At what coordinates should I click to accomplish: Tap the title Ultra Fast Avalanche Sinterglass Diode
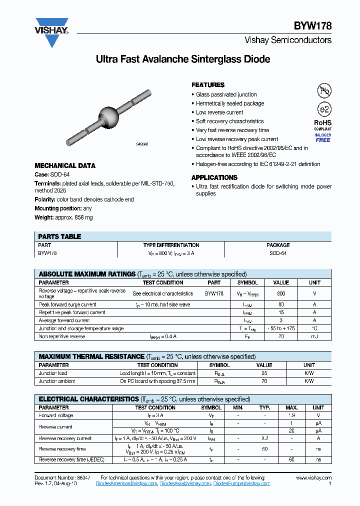(183, 59)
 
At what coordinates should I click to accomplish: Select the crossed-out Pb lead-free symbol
(324, 90)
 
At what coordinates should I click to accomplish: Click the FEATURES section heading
(208, 85)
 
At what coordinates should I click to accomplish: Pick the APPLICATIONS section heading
(214, 177)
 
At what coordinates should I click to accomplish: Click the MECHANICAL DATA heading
(65, 165)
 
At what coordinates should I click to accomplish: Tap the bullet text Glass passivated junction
(226, 94)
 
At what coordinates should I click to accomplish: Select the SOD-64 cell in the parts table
(278, 253)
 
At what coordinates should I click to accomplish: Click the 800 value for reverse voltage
(281, 293)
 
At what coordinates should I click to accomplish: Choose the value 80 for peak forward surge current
(281, 304)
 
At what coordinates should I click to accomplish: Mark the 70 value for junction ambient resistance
(264, 381)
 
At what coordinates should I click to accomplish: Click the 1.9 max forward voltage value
(292, 415)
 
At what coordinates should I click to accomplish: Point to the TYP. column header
(265, 407)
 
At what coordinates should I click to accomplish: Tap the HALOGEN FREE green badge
(323, 137)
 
